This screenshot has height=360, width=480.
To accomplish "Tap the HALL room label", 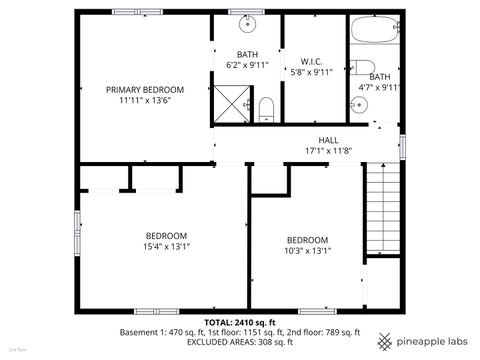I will coord(329,140).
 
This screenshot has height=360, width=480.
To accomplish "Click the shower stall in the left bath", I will coord(232,101).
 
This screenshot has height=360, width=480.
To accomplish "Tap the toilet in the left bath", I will coord(265,108).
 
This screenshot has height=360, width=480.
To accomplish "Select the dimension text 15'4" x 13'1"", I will coord(166,246).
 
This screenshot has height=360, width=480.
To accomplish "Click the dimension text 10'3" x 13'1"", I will coord(307,251).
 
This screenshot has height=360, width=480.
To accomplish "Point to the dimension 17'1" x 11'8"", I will coord(329,151).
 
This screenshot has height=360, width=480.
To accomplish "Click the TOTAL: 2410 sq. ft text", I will coord(240,321).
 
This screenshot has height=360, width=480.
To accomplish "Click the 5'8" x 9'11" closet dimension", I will coord(310,72).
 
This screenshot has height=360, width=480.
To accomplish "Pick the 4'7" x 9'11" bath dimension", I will coord(380,87).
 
